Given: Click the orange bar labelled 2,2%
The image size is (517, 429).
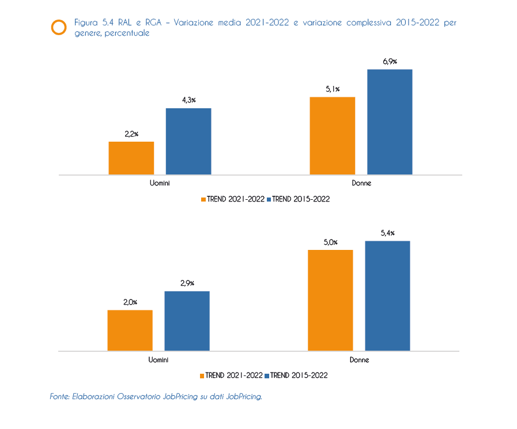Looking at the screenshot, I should tap(131, 158).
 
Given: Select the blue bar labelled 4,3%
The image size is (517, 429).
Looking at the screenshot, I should tap(188, 141).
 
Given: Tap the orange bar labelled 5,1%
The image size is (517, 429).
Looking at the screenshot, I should tap(333, 135).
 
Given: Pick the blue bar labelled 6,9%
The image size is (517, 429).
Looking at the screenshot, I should tap(390, 122).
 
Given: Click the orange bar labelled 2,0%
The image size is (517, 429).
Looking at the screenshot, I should tap(130, 330).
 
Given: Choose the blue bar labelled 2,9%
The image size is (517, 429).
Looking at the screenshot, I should tap(187, 321).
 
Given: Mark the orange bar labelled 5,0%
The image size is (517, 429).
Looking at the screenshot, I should tap(330, 300).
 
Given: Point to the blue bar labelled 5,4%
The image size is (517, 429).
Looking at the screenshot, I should tap(387, 295).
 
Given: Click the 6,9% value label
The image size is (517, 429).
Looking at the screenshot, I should tap(390, 62).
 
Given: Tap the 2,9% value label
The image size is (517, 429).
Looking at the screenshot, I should tap(187, 283).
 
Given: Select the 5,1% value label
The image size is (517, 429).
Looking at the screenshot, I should tap(333, 89).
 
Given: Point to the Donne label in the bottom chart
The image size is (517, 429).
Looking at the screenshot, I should tap(359, 360).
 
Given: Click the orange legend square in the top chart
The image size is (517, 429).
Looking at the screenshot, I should tap(203, 199).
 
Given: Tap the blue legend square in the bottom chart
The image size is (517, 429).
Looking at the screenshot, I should tap(267, 375).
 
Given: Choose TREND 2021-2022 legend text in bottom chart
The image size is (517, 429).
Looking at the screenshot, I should tap(234, 375).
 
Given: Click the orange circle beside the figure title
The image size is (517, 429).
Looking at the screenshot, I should tap(59, 27).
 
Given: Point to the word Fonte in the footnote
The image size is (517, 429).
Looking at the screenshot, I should tap(59, 397).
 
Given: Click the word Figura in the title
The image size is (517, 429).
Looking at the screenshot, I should tap(86, 22).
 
